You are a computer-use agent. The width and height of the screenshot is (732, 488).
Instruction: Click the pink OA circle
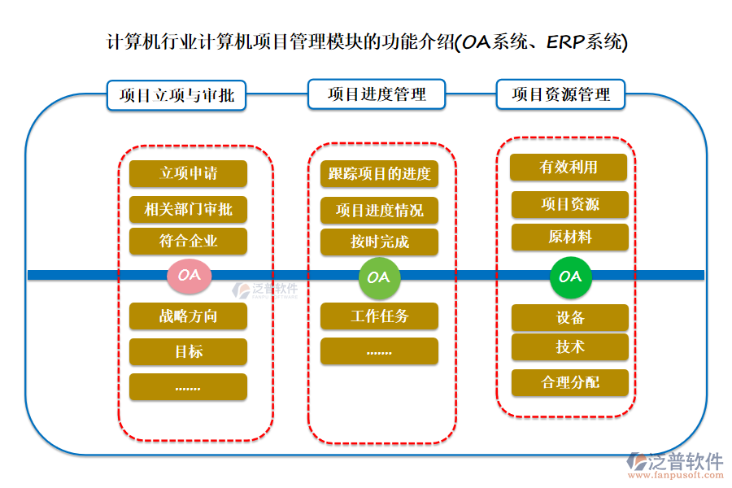coord(189,275)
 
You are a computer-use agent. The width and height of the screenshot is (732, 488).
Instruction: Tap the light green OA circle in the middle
coord(378,277)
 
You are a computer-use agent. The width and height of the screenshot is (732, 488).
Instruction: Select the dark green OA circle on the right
coord(570,277)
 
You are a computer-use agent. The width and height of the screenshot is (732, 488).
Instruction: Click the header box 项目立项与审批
coord(176,94)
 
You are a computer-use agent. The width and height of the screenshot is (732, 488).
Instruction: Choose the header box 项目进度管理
coord(377,94)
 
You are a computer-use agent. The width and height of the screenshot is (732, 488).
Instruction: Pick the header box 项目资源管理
coord(561,94)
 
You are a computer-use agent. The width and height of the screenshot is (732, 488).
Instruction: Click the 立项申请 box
coord(188,173)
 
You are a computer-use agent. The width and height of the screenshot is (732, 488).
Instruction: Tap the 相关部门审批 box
coord(188,209)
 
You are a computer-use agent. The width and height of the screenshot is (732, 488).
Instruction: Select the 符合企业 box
coord(188,241)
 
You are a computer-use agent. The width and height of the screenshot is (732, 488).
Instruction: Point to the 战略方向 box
coord(188,316)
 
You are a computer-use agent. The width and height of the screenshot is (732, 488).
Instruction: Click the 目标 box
coord(188,351)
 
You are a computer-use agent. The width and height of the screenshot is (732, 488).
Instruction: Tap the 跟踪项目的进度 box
coord(379,173)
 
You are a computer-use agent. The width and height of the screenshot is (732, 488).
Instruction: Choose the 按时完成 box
coord(379,242)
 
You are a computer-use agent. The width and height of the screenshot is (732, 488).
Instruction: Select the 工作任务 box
coord(379,316)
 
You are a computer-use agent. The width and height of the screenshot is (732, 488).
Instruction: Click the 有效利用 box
coord(569,167)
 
